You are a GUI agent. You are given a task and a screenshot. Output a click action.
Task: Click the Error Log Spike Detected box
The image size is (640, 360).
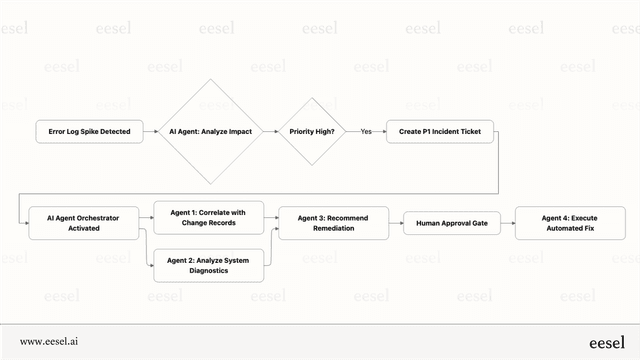88,131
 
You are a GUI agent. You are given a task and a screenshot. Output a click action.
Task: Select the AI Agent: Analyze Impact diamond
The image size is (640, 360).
210,131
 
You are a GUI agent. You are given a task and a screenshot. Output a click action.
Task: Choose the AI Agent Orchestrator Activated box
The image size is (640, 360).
86,222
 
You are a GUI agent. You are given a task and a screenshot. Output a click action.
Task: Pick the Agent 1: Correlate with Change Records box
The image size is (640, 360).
208,217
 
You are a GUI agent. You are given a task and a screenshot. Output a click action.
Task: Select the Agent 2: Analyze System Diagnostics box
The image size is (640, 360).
208,265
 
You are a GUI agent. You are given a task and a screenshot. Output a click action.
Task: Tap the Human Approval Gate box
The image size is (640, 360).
451,222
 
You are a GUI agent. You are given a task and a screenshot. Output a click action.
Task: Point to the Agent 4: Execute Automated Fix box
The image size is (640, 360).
570,222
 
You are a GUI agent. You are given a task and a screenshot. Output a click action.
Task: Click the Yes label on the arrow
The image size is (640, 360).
366,131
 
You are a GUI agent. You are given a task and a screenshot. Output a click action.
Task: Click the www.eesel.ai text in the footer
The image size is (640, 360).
49,341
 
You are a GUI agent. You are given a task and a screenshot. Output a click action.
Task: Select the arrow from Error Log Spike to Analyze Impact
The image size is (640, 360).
153,131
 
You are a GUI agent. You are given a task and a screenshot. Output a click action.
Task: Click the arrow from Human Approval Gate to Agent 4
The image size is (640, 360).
507,222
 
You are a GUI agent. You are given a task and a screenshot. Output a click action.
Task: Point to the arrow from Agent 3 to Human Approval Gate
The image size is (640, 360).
392,222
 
